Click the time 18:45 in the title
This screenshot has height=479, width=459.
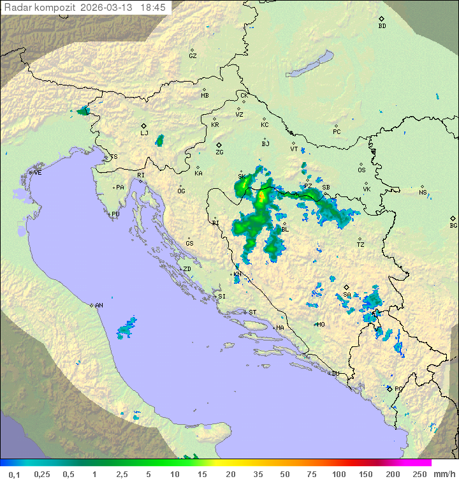pos(152,6)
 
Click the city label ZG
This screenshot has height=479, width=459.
pos(219,153)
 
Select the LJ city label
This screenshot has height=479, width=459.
pos(144,133)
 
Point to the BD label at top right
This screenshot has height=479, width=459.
pos(382,26)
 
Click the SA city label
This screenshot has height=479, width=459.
pos(347,295)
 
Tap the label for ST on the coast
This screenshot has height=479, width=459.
pos(252,313)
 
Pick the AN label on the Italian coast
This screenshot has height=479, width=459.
pos(99,306)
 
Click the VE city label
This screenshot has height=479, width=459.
pos(38,173)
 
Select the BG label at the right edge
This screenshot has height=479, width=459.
pos(453,226)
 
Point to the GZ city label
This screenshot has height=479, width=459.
pos(193,56)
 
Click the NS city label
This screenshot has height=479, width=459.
pos(423,193)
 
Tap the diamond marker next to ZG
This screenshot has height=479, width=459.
pos(219,145)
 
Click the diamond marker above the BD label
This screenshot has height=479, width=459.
pos(381,19)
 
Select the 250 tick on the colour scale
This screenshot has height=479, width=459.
pos(419,474)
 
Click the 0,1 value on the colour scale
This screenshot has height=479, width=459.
pos(14,474)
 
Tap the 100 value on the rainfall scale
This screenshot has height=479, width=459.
pos(339,474)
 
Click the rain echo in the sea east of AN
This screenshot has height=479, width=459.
pos(126,328)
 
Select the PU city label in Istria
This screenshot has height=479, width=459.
pos(115,214)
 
